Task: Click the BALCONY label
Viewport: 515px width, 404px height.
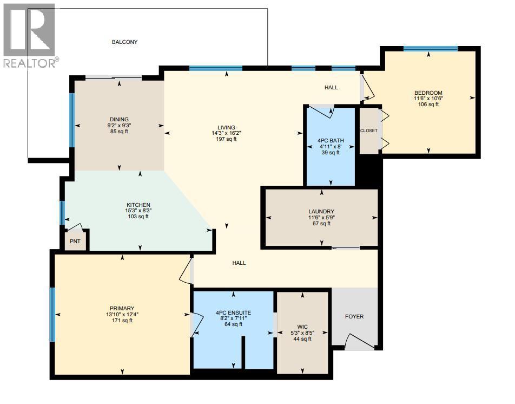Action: [x=124, y=42]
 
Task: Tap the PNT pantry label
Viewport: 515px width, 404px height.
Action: [x=75, y=242]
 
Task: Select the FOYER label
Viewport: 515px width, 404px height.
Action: [x=354, y=317]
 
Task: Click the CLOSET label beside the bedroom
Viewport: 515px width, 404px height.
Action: [x=369, y=131]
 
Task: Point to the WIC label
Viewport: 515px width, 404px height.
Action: [x=302, y=327]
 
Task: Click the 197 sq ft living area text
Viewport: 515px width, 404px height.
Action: [x=226, y=139]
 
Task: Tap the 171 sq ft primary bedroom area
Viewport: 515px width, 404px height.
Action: [x=122, y=321]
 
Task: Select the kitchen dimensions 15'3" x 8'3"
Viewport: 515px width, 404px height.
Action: [x=138, y=211]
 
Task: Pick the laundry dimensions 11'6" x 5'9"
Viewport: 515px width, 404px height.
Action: [x=321, y=218]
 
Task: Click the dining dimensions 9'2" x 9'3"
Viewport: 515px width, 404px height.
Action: [x=119, y=125]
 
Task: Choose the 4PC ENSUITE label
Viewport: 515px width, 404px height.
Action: [x=233, y=313]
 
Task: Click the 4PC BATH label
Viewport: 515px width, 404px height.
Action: [x=331, y=141]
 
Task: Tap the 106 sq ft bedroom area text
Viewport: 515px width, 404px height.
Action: [x=428, y=105]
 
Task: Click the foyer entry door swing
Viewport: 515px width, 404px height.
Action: [x=359, y=341]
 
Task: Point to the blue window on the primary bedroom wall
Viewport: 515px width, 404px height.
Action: [x=52, y=315]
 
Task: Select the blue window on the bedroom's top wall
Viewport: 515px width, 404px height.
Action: [x=430, y=49]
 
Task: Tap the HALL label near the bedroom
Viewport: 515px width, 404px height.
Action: [x=331, y=87]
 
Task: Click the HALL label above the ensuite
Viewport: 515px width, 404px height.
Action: [x=239, y=263]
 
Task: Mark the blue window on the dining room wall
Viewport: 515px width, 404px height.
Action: [x=72, y=120]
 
